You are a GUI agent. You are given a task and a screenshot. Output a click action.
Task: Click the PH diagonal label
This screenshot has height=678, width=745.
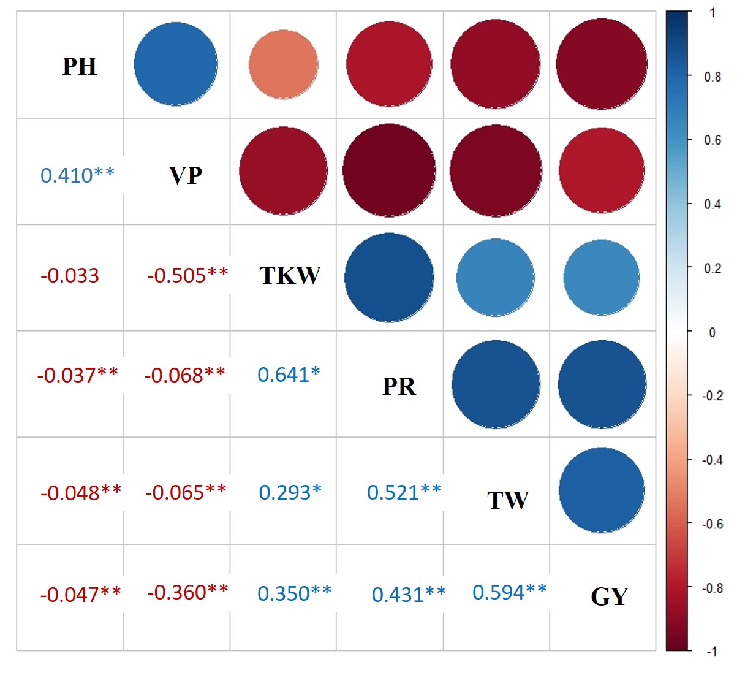[x=80, y=66]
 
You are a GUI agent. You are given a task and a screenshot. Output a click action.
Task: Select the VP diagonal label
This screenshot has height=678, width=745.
[x=185, y=175]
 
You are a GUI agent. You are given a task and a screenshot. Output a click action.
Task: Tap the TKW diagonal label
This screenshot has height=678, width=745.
[x=290, y=275]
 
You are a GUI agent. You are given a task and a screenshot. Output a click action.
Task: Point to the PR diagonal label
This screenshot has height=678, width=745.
[x=399, y=386]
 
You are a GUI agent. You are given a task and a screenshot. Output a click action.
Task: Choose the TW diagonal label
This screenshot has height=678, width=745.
[x=507, y=500]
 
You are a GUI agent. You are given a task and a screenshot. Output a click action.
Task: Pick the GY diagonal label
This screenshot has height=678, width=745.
[x=610, y=596]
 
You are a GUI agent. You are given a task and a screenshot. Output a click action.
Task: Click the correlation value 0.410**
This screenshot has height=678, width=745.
[x=77, y=175]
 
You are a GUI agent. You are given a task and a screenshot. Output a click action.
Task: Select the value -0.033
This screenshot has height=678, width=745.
[x=70, y=276]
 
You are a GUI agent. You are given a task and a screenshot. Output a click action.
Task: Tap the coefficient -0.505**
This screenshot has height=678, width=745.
[x=187, y=275]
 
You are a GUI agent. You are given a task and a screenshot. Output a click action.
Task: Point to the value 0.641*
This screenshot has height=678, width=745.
[x=289, y=375]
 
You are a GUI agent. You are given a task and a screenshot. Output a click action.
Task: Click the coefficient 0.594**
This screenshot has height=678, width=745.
[x=509, y=592]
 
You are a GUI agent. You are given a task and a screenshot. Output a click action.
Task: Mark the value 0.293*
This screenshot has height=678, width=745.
[x=290, y=492]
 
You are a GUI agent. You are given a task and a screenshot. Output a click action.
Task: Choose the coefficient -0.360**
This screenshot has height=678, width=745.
[x=187, y=592]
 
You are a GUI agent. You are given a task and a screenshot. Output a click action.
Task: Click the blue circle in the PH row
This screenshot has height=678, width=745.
[x=176, y=64]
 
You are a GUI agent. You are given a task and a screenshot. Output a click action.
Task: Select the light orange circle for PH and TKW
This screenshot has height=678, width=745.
[x=283, y=64]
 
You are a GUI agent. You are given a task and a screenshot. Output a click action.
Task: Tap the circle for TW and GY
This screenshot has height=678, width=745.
[x=602, y=490]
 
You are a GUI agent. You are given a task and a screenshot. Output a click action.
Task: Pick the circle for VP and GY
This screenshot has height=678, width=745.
[x=602, y=170]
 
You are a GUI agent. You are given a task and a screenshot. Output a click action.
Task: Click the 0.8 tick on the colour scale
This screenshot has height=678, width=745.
[x=713, y=77]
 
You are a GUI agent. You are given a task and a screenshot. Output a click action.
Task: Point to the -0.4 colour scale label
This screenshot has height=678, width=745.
[x=713, y=460]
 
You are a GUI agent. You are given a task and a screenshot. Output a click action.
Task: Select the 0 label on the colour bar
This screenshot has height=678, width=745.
[x=712, y=332]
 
